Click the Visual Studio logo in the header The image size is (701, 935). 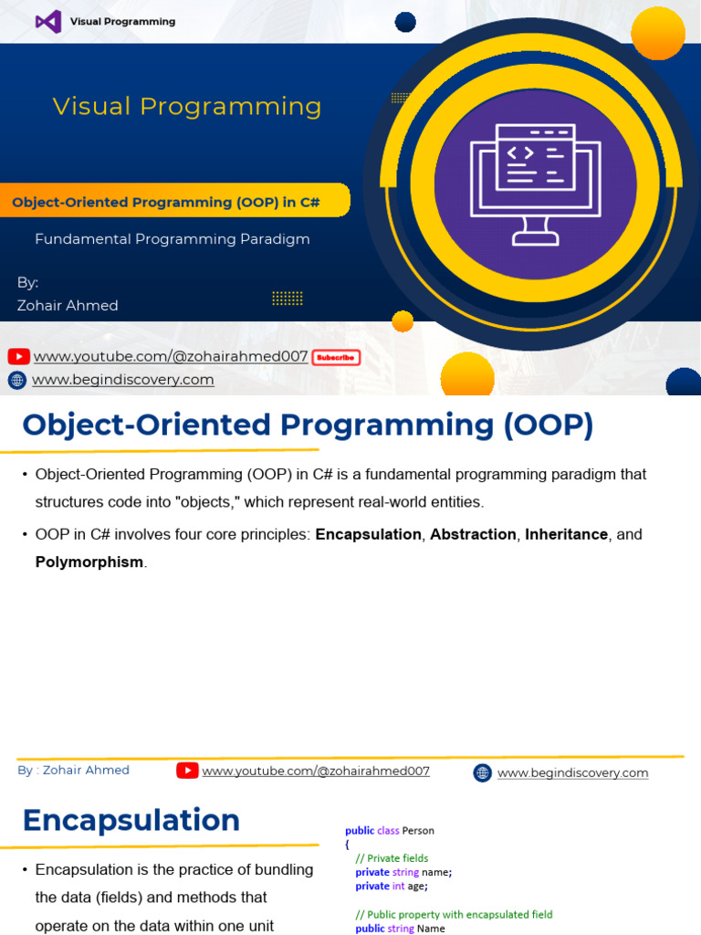pos(48,21)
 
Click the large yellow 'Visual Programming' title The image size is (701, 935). pos(187,107)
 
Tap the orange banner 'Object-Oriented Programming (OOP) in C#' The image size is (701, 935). pos(166,202)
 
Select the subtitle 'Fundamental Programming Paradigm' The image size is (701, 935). pos(173,239)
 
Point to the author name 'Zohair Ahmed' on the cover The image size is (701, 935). pos(68,306)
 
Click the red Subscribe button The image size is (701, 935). pos(336,358)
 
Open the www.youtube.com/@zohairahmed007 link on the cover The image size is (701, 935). pos(171,357)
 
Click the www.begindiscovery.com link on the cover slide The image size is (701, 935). pos(123,380)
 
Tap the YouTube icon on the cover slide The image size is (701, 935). pos(18,357)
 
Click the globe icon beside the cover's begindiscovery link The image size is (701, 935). pos(17,381)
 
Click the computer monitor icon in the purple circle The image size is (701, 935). pos(535,183)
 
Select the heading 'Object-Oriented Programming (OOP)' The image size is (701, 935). pos(308,425)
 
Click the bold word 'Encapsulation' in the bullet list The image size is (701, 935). pos(368,534)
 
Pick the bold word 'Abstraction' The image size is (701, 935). pos(473,534)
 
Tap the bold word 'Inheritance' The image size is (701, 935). pos(566,534)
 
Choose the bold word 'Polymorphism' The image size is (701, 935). pos(89,562)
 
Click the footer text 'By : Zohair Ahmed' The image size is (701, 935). pos(73,771)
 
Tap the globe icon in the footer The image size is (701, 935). pos(482,773)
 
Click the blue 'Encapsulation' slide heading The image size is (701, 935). pos(131,820)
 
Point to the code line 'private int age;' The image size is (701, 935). pos(392,886)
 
